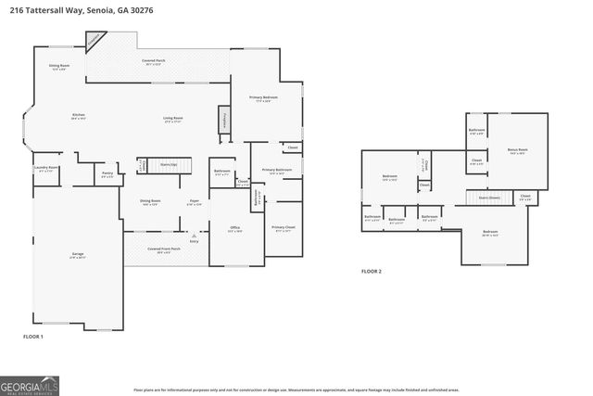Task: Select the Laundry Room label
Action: [46, 168]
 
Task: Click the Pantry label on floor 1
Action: [107, 172]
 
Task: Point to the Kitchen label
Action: [79, 116]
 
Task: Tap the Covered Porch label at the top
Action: [154, 61]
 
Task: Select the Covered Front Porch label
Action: [163, 249]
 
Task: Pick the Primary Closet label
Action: [284, 227]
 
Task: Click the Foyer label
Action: [195, 201]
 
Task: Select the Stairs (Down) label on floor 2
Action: [489, 198]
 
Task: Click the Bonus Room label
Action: [517, 150]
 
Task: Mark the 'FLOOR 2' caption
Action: [372, 272]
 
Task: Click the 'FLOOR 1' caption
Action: [33, 336]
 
